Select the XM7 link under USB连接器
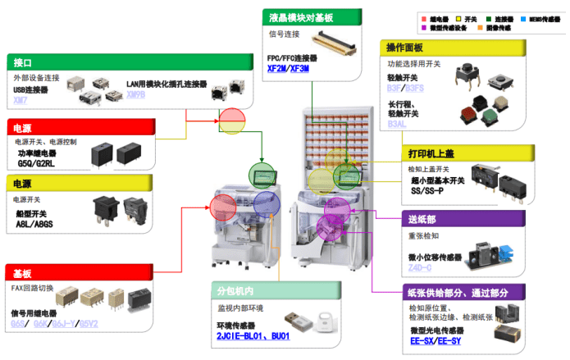pos(20,101)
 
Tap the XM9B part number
pos(135,95)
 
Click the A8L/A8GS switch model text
pos(35,224)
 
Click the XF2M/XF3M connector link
pos(288,69)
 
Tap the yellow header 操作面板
pos(409,48)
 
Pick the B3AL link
pos(397,124)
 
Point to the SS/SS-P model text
pos(426,190)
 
